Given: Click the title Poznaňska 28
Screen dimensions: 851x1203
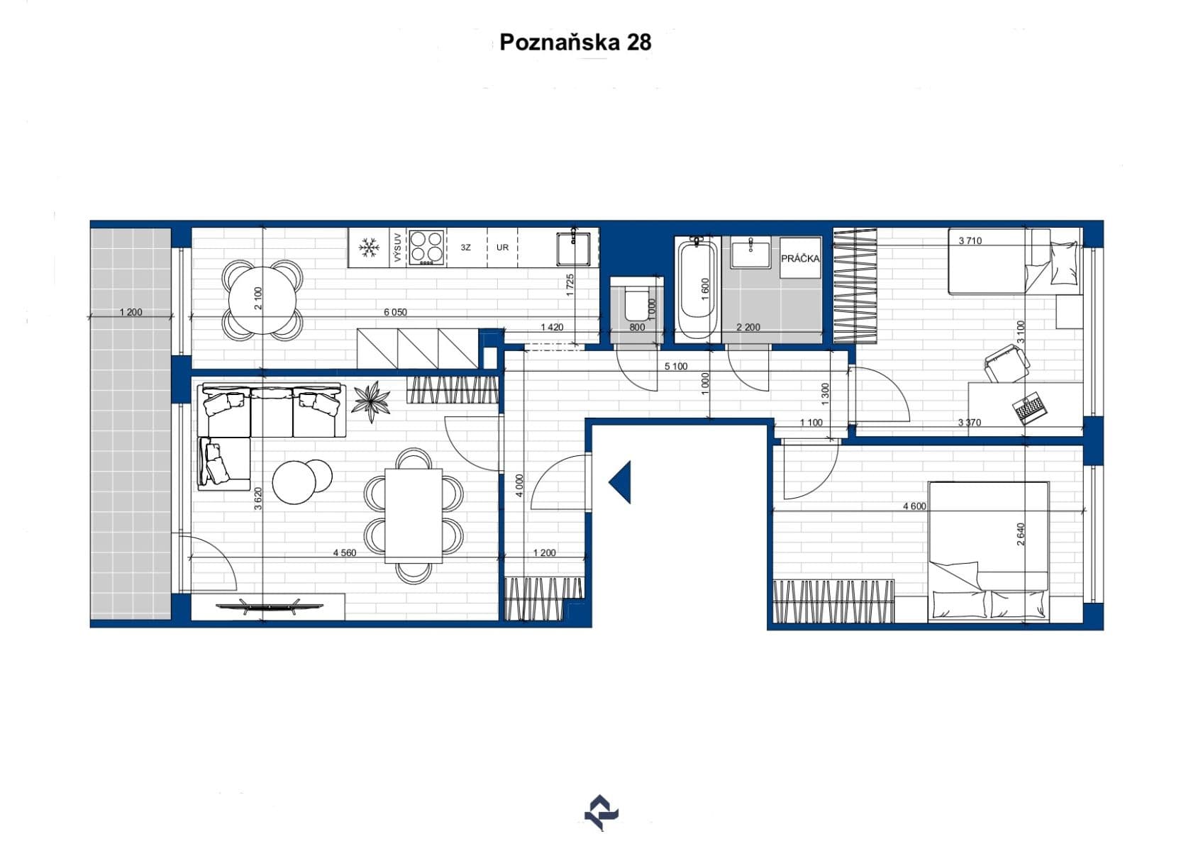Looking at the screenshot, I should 575,43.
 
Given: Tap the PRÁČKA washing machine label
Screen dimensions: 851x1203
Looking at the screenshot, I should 800,259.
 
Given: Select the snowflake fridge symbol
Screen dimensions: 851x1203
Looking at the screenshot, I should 368,247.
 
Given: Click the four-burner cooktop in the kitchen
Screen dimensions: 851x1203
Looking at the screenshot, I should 426,247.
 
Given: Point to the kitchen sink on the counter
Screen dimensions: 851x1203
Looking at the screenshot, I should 573,248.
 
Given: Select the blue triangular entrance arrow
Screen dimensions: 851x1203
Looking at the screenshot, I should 621,482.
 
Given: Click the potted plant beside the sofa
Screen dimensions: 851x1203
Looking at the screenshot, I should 372,401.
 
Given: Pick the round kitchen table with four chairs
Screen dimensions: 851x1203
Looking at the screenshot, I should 262,299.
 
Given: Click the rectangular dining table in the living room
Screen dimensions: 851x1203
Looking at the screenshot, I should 414,516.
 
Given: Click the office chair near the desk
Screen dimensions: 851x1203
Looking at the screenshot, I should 1007,362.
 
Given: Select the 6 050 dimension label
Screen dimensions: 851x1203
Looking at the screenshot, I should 395,312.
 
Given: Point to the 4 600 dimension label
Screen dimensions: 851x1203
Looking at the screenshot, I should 914,506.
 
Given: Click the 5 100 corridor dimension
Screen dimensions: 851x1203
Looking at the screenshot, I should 675,367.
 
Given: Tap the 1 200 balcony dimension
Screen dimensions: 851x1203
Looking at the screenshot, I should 131,312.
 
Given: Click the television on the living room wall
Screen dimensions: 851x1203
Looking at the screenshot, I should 269,606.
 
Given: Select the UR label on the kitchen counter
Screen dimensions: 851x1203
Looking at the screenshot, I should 502,247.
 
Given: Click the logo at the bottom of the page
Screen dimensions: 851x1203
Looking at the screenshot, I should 601,813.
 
